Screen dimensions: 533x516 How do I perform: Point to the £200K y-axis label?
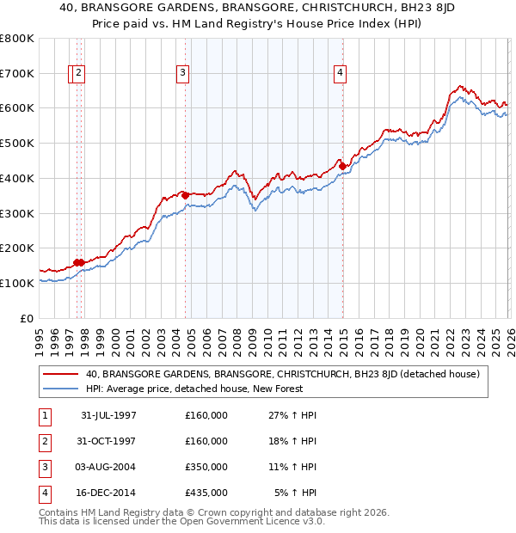(x=17, y=248)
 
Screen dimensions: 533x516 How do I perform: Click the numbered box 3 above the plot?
(x=183, y=74)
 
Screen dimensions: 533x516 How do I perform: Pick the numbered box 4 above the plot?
(x=341, y=74)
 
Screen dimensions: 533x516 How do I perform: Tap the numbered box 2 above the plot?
(x=78, y=74)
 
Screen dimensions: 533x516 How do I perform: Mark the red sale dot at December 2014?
(x=341, y=166)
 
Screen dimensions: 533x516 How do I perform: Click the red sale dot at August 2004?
(x=185, y=195)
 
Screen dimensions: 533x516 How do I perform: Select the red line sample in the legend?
(x=60, y=374)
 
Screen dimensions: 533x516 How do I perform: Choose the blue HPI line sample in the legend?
(x=60, y=388)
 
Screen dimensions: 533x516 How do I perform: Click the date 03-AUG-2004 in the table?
(x=108, y=467)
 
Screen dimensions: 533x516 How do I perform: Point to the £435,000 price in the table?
(x=206, y=493)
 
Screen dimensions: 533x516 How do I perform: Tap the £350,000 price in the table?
(x=206, y=467)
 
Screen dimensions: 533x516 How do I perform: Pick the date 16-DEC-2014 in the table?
(x=108, y=493)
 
